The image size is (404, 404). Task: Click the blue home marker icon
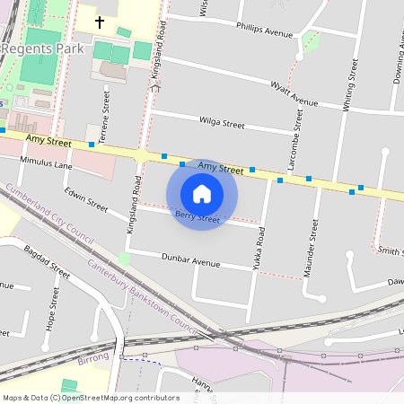coord(202,193)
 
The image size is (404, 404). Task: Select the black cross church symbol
coord(99,21)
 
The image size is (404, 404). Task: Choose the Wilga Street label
coord(221,123)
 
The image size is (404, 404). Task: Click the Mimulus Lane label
coord(49,165)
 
